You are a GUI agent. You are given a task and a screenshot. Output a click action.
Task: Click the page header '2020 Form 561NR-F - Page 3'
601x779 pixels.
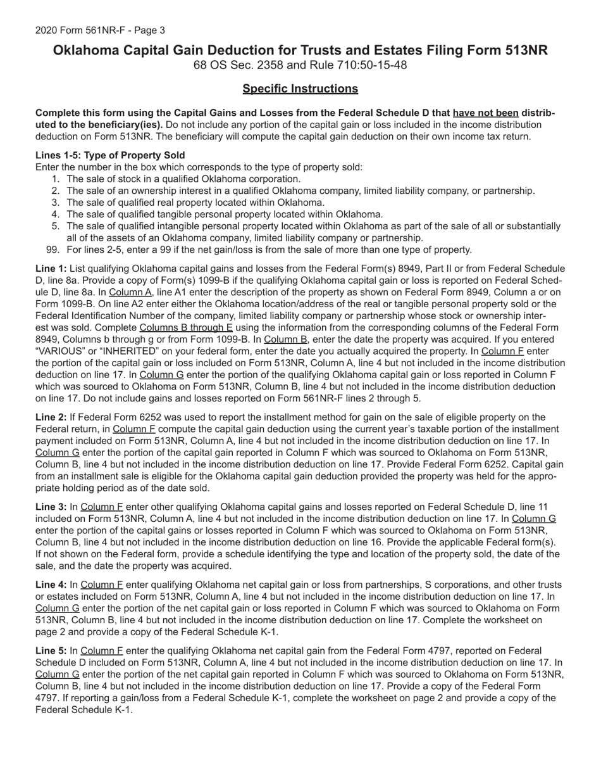tap(100, 30)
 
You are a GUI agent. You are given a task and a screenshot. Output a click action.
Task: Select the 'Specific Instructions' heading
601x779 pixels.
tap(300, 89)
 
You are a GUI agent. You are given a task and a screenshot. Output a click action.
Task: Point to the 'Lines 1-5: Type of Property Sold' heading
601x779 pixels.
tap(110, 155)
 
